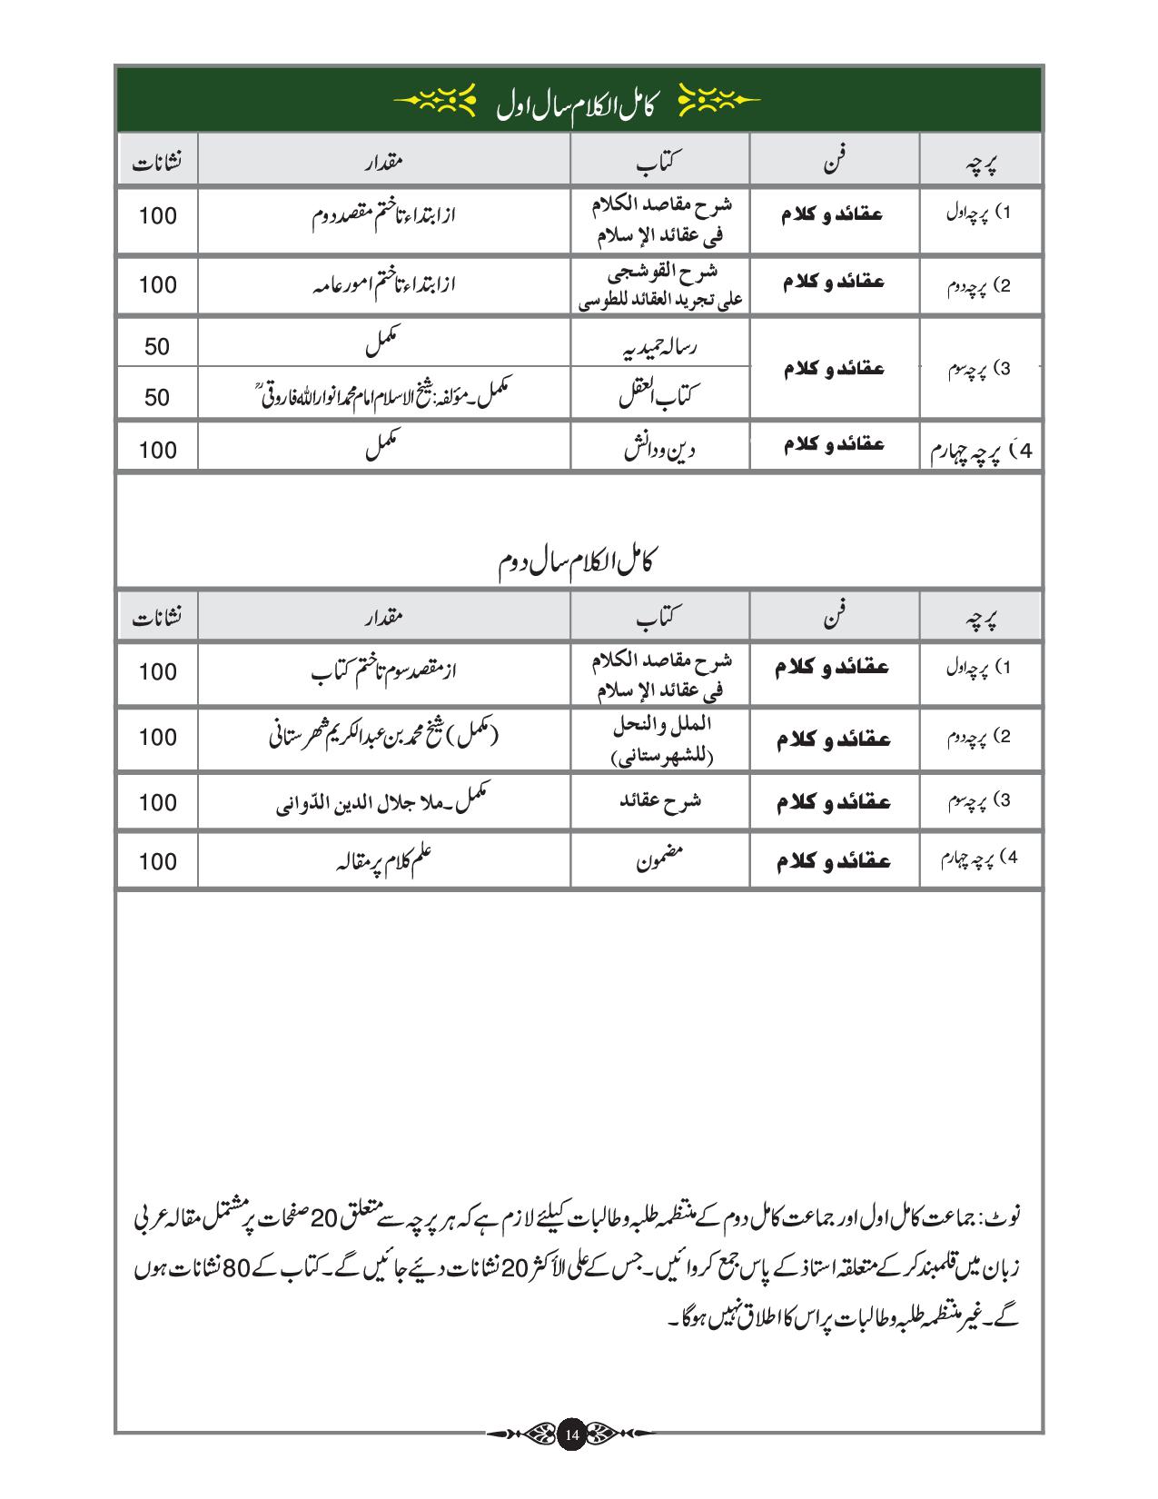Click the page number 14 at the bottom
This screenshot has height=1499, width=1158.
pyautogui.click(x=571, y=1434)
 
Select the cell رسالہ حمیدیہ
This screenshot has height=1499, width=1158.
pyautogui.click(x=659, y=348)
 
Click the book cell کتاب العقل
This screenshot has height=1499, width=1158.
pyautogui.click(x=659, y=395)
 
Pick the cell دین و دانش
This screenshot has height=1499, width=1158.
pyautogui.click(x=659, y=450)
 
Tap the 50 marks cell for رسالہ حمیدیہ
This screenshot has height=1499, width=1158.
pyautogui.click(x=157, y=347)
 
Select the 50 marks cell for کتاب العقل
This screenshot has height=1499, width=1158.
pyautogui.click(x=157, y=397)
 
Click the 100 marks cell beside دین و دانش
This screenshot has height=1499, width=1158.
pyautogui.click(x=157, y=450)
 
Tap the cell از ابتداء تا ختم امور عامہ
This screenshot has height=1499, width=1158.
pyautogui.click(x=383, y=285)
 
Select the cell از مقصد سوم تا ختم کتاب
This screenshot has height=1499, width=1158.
pyautogui.click(x=383, y=672)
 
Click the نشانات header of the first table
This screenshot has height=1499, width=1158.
pyautogui.click(x=157, y=164)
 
